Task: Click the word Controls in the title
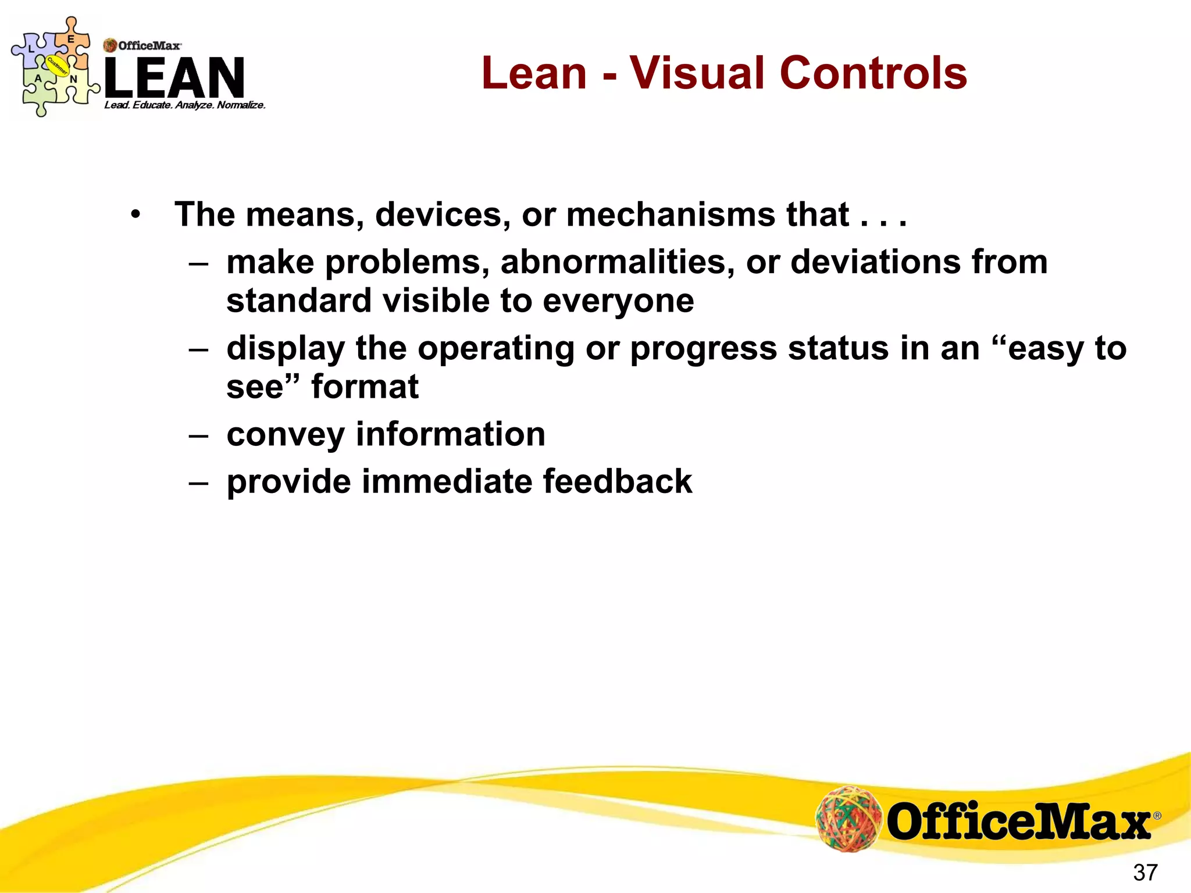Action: pos(873,73)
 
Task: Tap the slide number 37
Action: pos(1145,872)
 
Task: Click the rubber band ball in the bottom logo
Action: pos(848,819)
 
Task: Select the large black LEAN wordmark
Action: pos(174,77)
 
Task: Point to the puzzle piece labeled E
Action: pos(70,41)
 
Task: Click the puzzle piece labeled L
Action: pos(32,49)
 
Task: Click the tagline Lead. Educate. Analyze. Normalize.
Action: pos(184,105)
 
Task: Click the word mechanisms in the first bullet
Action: pos(670,215)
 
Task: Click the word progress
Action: pos(703,349)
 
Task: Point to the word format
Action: pos(365,387)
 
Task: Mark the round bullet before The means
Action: pos(135,216)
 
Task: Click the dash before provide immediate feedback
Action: pos(198,483)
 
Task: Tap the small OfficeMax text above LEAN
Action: pos(149,45)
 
